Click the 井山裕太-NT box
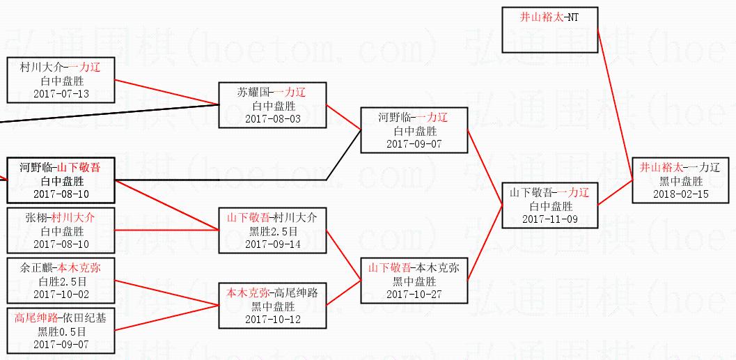pos(549,29)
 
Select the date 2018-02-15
pos(681,194)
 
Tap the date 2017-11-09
pos(550,219)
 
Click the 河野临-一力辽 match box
pos(414,130)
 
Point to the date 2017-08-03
pos(273,118)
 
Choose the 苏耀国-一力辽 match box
pos(272,105)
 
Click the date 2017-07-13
pos(61,93)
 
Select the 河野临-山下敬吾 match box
pos(61,180)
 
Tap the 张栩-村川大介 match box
pos(61,230)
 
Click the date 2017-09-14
pos(273,244)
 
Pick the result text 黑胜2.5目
pos(273,231)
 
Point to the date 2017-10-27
pos(414,294)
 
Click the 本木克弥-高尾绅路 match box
pos(272,306)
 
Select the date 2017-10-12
pos(273,319)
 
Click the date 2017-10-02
pos(61,294)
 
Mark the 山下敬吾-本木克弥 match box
pos(414,281)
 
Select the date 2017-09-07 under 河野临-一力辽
pos(414,144)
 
